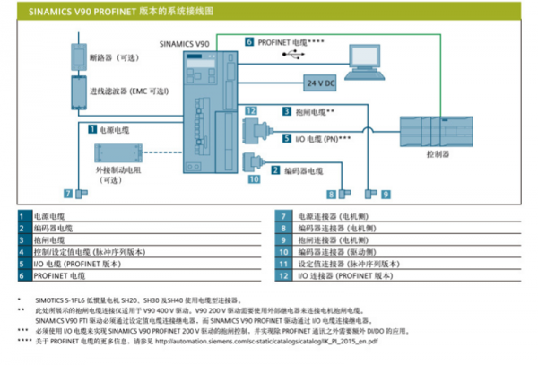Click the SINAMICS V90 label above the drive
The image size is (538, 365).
click(185, 42)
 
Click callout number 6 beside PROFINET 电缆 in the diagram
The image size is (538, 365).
click(249, 41)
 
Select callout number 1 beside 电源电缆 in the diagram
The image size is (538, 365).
click(91, 128)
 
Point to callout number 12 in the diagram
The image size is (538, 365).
click(252, 111)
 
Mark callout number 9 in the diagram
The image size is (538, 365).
click(386, 194)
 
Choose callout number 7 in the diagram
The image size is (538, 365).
click(67, 194)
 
